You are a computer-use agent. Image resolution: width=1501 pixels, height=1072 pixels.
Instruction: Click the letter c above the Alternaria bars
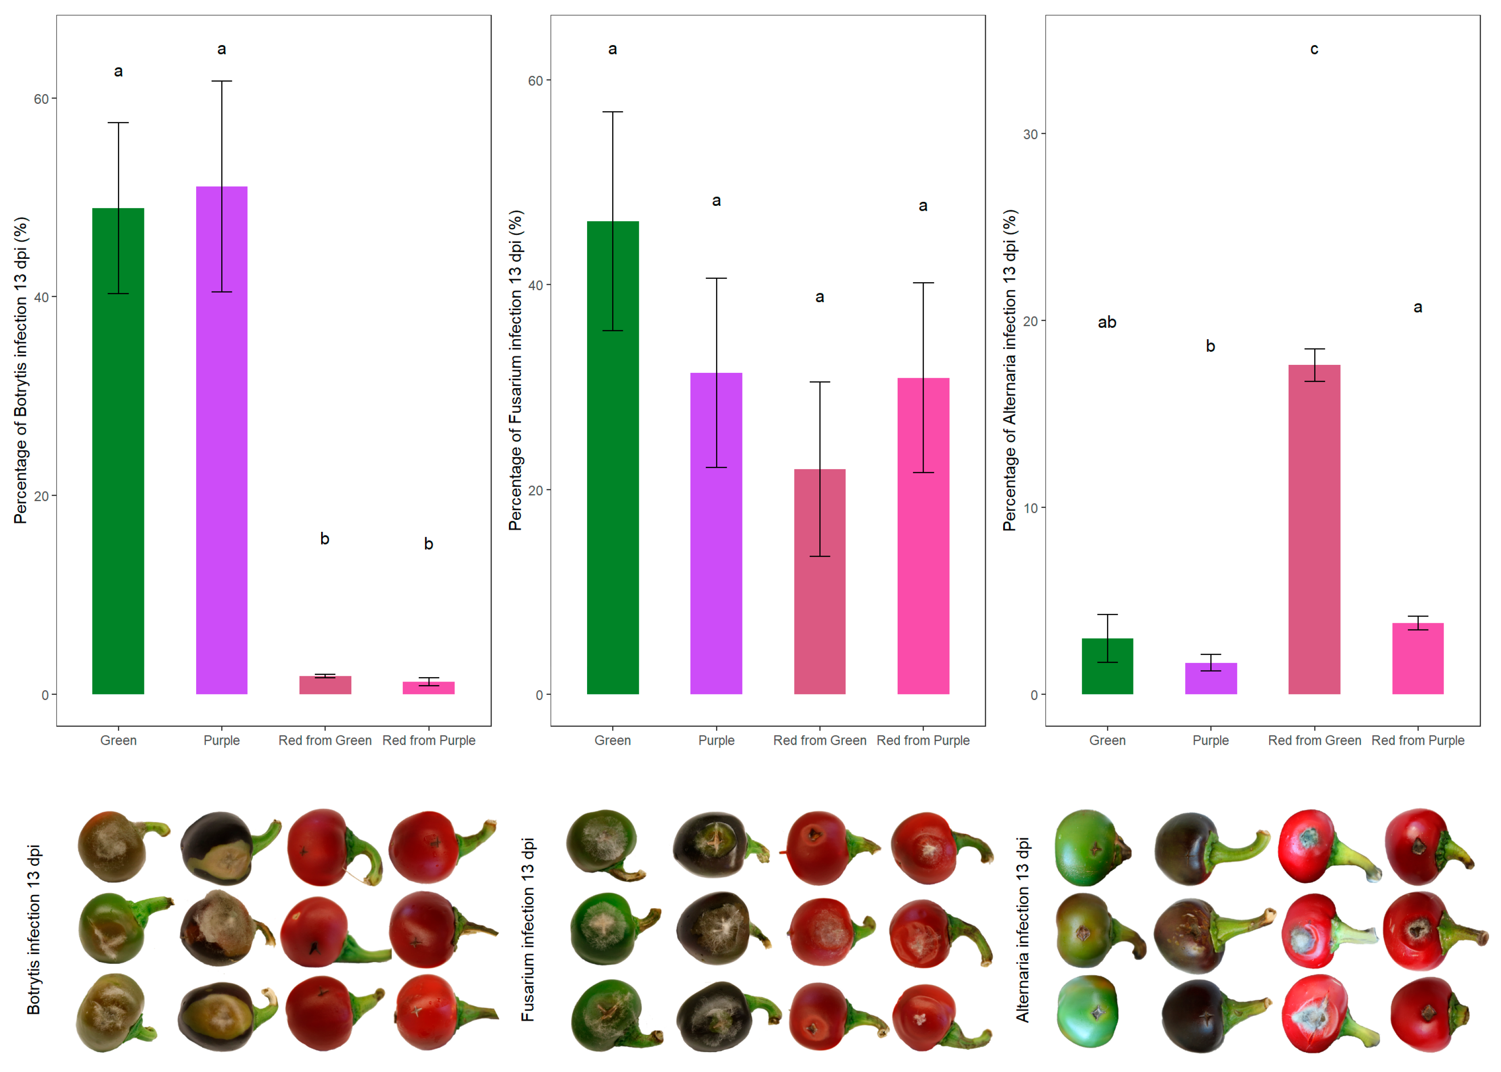click(x=1314, y=49)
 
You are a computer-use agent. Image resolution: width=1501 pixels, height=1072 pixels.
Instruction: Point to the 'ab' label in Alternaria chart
click(x=1107, y=322)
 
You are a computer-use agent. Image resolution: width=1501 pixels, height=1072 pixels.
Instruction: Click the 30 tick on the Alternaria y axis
click(x=1030, y=134)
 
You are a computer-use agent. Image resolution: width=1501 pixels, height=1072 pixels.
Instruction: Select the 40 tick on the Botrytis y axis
click(x=41, y=297)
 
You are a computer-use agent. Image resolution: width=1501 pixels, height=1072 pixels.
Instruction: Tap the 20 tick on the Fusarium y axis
click(x=535, y=490)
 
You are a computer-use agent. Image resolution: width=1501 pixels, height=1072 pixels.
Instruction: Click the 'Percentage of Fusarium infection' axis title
click(x=515, y=370)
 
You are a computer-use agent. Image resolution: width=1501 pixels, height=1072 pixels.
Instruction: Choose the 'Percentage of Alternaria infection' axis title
click(x=1009, y=370)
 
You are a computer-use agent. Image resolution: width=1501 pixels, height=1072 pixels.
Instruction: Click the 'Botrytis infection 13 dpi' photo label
click(x=33, y=929)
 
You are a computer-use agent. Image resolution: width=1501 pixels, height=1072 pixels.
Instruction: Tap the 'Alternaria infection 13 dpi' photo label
click(x=1022, y=929)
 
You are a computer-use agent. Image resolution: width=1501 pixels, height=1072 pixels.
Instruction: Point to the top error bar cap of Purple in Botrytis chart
click(x=222, y=81)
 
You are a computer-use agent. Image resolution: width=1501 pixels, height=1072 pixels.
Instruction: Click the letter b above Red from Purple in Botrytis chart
click(x=428, y=544)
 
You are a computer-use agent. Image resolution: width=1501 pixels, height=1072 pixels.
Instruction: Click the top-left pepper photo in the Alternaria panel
click(x=1092, y=848)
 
